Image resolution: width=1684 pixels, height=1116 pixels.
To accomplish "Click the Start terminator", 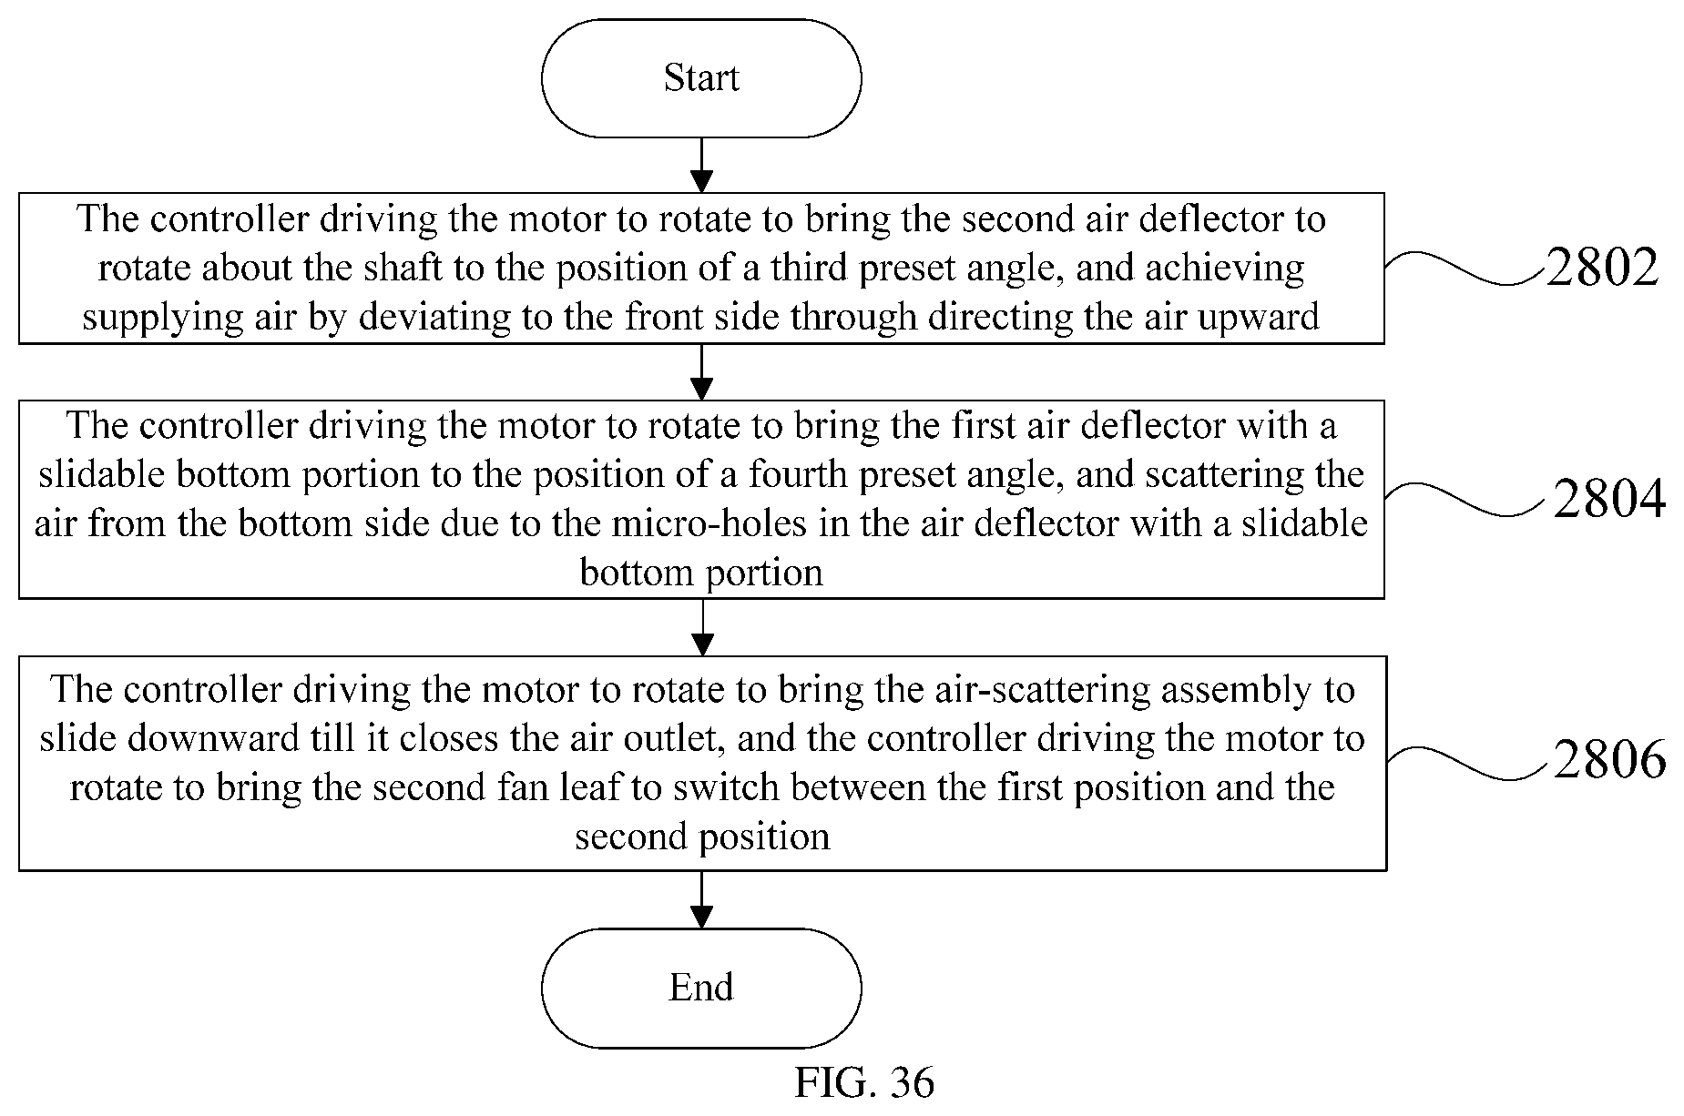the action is [x=701, y=78].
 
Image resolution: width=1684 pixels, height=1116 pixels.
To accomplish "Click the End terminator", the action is [x=701, y=988].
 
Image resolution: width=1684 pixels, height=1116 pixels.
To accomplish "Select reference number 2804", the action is [x=1609, y=499].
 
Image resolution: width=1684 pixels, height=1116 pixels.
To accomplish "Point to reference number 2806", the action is [x=1609, y=759].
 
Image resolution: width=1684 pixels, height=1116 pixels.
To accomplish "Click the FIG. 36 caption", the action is [x=864, y=1082].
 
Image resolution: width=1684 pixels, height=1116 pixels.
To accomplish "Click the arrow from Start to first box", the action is [x=701, y=166].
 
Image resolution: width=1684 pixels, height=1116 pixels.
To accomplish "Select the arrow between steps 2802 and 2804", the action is [x=701, y=371].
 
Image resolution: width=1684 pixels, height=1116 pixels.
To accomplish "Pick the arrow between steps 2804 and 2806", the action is [x=701, y=627].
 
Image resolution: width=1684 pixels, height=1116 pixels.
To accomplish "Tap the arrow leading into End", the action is [x=701, y=899].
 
